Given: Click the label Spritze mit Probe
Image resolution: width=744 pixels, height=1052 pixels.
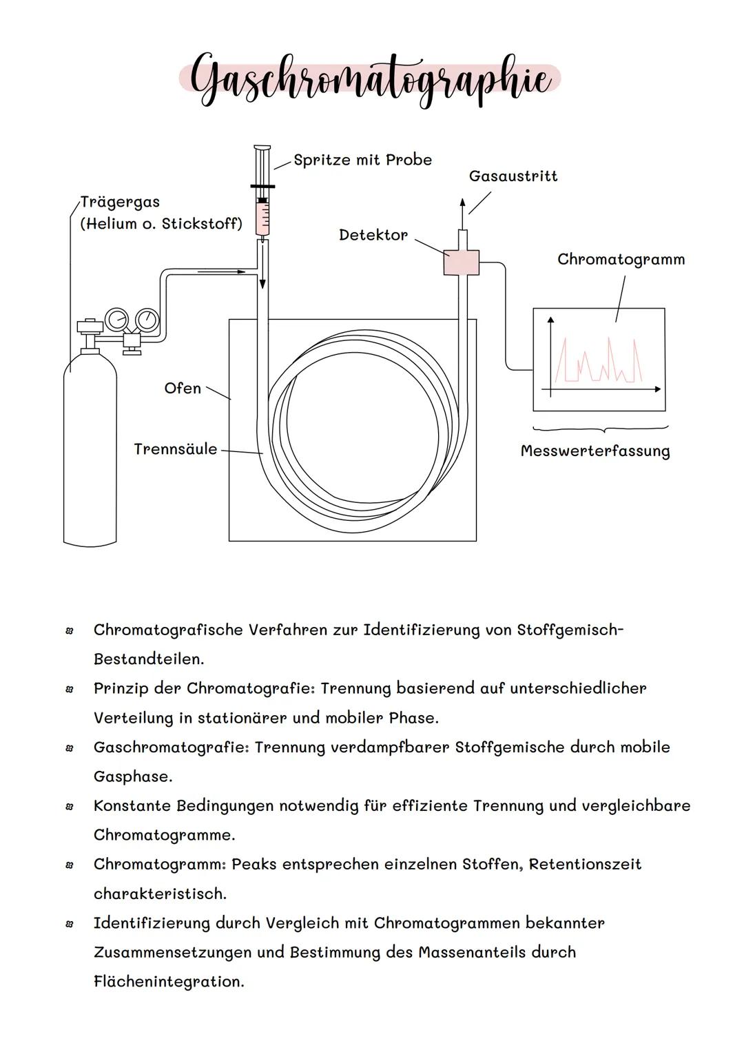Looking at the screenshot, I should [362, 160].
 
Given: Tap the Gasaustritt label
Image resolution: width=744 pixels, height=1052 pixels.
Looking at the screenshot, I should [513, 176].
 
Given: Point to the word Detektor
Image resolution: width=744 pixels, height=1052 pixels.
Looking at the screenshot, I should [373, 235].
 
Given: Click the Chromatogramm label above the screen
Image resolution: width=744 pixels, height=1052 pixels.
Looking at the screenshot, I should [621, 260].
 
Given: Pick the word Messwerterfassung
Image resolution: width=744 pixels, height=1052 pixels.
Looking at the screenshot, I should [595, 451].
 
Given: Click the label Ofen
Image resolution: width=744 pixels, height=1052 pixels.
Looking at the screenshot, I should [183, 389].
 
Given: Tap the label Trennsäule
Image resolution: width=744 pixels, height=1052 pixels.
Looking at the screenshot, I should [175, 449].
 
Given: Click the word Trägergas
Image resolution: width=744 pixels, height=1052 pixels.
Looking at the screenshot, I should [120, 202].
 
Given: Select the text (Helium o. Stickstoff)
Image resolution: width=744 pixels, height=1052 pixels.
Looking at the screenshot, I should [161, 224].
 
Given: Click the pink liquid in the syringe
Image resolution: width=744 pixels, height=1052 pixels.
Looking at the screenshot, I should [262, 219].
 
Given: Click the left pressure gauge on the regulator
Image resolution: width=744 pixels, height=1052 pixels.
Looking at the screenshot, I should [116, 319].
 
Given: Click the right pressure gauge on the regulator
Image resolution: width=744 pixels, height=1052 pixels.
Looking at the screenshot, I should [147, 319].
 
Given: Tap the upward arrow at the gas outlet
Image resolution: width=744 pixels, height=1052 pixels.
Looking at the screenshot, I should [462, 205].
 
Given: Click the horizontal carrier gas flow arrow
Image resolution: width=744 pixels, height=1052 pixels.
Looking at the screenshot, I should [221, 272].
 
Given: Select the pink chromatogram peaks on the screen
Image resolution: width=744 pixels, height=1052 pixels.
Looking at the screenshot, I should [599, 362].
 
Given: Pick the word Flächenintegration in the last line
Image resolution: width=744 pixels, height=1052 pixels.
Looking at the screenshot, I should [169, 982].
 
